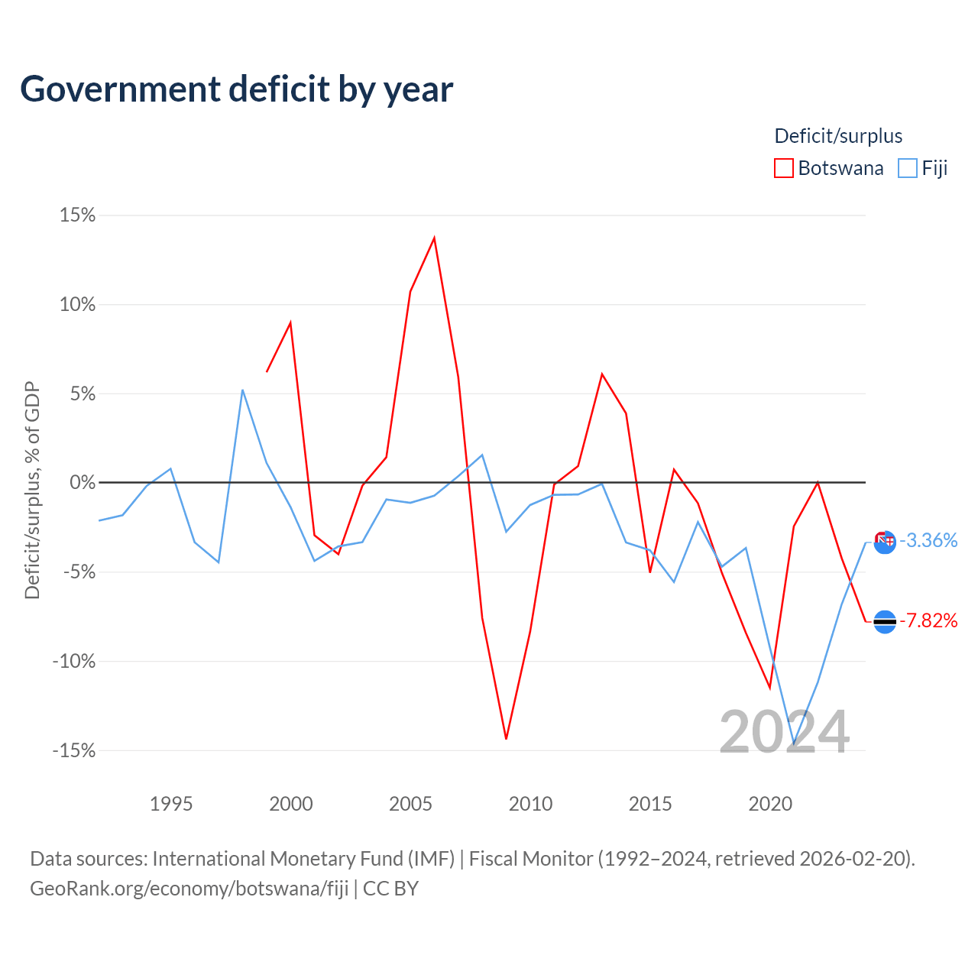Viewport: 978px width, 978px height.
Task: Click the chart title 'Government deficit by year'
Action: tap(236, 90)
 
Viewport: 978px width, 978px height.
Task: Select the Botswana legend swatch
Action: tap(783, 168)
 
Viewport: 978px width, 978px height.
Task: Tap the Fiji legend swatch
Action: tap(907, 168)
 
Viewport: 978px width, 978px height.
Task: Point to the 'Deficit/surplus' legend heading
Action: tap(838, 136)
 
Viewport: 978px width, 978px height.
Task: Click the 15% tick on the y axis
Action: tap(78, 215)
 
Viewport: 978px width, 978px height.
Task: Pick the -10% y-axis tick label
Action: tap(74, 661)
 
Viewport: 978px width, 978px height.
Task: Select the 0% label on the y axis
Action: tap(83, 482)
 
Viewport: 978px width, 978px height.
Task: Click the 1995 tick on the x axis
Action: tap(171, 803)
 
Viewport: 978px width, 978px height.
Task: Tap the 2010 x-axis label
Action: tap(530, 803)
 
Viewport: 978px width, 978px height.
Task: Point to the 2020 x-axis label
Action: tap(770, 803)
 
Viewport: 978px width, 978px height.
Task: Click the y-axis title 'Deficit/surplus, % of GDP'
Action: tap(33, 491)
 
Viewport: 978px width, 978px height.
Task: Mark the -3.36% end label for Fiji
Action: tap(928, 540)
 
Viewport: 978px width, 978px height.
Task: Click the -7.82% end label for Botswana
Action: tap(928, 620)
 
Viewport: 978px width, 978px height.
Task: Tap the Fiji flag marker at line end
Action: tap(885, 542)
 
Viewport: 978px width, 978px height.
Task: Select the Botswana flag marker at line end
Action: tap(885, 622)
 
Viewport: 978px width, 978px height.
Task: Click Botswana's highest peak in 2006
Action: tap(434, 238)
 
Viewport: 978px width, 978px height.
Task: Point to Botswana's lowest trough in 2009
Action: tap(506, 738)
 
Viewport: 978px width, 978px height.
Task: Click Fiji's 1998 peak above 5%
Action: tap(243, 390)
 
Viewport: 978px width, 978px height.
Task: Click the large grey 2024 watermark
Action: tap(784, 731)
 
